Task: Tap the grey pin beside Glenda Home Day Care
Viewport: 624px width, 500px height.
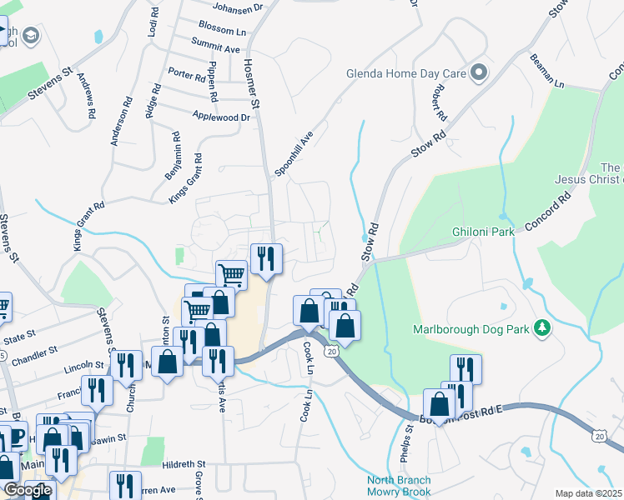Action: tap(479, 73)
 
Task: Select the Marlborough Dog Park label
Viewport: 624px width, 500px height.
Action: tap(472, 329)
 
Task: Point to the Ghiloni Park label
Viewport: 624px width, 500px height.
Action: tap(483, 232)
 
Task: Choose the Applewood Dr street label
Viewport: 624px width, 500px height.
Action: tap(221, 117)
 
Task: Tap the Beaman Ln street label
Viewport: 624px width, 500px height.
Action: tap(546, 72)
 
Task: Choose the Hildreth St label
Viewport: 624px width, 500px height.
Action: tap(184, 463)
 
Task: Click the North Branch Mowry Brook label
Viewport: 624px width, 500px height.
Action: tap(400, 487)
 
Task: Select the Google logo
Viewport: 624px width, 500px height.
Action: tap(27, 490)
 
